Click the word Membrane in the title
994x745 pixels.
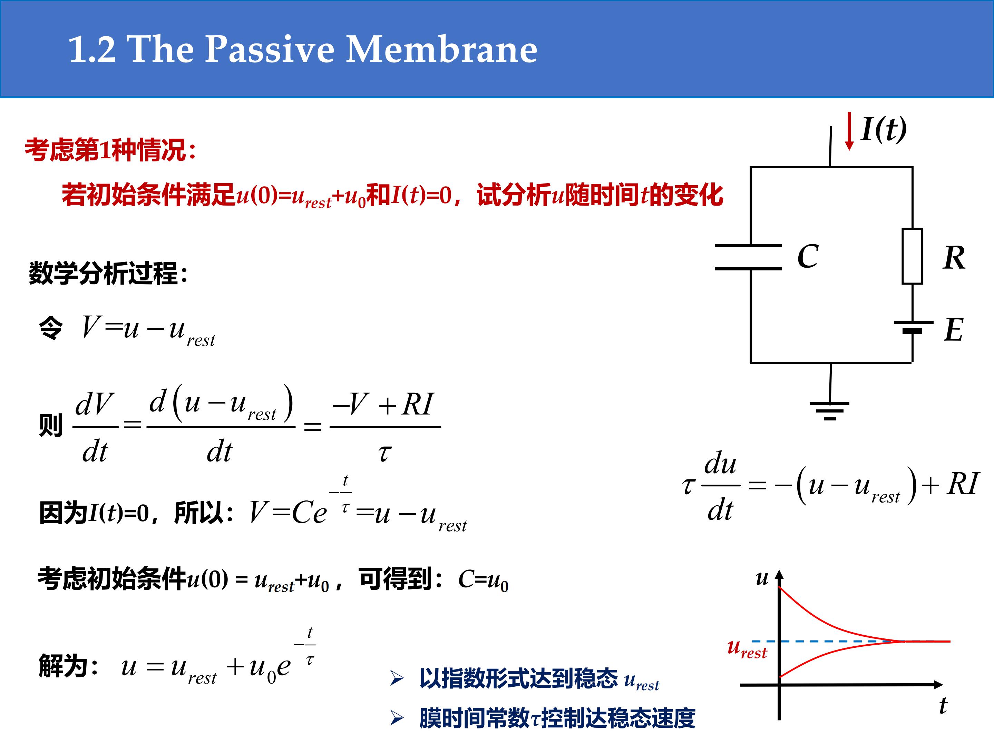[441, 49]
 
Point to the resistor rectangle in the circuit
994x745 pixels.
[912, 256]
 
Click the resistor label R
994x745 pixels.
[954, 258]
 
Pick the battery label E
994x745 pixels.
[954, 330]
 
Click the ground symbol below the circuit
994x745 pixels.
[829, 410]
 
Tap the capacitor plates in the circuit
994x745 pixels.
[748, 257]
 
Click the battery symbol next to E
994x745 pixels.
[913, 327]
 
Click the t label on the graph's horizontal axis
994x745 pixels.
[943, 705]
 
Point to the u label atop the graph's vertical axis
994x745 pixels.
[762, 578]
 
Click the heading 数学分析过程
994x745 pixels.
[108, 273]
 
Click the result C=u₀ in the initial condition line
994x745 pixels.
[483, 580]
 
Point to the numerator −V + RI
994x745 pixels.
[382, 404]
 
